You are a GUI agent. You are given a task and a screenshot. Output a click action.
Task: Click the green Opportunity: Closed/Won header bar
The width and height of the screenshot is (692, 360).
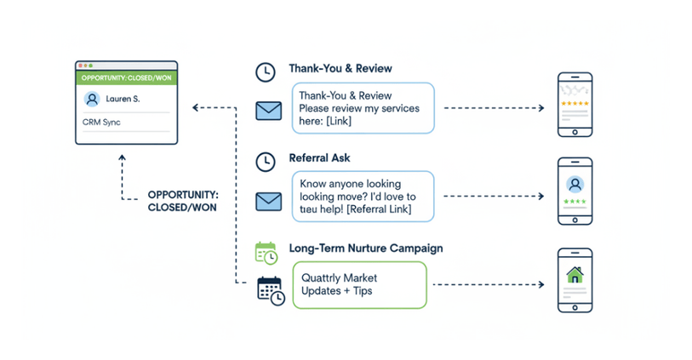coord(126,77)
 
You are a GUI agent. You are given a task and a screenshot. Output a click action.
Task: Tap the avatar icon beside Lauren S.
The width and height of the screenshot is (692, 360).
coord(92,100)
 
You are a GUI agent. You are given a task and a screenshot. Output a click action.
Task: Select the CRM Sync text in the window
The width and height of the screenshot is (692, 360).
coord(101,123)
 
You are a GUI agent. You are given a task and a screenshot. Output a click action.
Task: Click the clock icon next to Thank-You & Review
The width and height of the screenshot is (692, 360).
coord(266,72)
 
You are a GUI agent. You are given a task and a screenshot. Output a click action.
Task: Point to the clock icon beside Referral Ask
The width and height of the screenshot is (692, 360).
coord(266,161)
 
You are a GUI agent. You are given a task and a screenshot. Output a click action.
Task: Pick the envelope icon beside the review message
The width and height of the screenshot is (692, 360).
coord(268,111)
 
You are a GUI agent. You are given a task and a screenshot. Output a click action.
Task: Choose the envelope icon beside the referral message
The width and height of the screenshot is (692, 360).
coord(268,201)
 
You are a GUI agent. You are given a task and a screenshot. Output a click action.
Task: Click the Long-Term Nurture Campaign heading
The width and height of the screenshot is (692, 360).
coord(365,249)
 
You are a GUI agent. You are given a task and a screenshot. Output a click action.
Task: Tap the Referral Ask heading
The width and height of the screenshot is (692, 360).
coord(319,158)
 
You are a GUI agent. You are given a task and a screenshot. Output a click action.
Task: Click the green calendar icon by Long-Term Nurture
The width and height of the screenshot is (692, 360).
coord(266,253)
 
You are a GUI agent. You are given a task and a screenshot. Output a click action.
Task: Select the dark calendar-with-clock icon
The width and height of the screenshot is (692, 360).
coord(270,290)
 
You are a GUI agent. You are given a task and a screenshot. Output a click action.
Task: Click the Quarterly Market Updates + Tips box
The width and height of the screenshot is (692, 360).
coord(358,285)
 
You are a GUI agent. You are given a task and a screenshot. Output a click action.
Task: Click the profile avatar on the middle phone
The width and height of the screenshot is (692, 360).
coord(575,184)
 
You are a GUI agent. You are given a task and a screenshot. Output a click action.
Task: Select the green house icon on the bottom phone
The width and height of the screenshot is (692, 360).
coord(575,275)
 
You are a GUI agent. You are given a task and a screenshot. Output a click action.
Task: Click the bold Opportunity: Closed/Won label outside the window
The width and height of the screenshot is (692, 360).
coord(181,201)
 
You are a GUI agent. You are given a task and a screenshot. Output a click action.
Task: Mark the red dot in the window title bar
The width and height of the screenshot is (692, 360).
coord(80,66)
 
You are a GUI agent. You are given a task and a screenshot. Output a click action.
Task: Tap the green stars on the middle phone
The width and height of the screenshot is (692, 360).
coord(575,202)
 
